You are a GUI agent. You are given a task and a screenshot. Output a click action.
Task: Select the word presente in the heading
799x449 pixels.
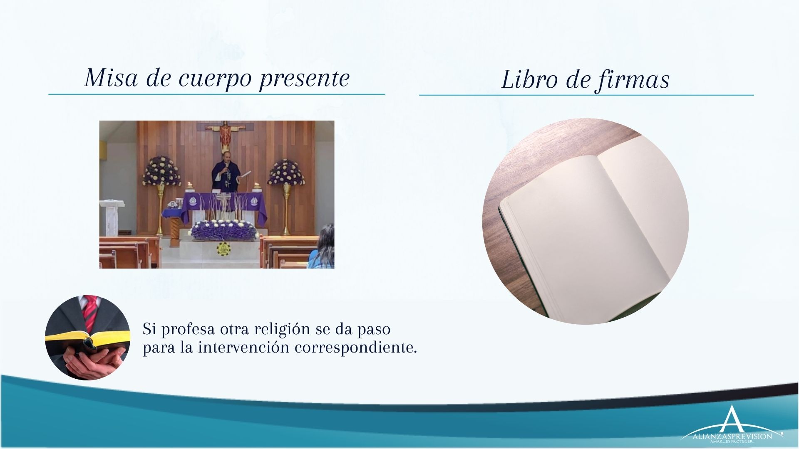point(305,79)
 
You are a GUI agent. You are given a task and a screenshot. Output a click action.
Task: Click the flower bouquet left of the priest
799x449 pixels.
point(161,171)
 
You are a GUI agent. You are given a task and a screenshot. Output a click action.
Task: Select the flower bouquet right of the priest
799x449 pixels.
point(286,171)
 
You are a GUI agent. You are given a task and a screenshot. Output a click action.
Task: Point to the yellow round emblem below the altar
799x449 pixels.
point(223,249)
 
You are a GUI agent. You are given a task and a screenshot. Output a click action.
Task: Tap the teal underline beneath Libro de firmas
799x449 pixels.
point(586,95)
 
